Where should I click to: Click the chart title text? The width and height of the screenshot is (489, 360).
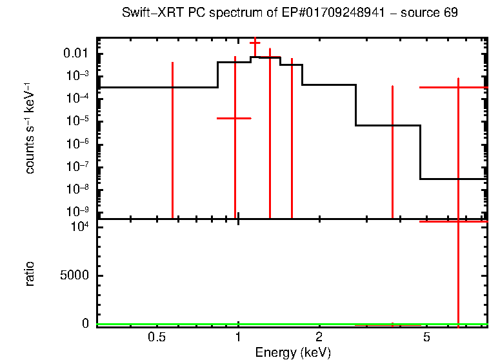point(290,14)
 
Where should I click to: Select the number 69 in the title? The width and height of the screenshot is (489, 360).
point(450,14)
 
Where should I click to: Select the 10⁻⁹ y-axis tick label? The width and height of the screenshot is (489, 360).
point(79,212)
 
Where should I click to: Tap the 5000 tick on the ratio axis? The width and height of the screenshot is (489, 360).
point(77,275)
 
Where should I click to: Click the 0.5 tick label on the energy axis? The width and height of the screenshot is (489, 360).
point(154,337)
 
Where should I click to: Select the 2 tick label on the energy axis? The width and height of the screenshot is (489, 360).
point(319,337)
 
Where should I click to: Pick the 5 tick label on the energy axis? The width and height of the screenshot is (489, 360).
point(426,337)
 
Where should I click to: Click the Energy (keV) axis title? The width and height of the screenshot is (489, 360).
point(293,352)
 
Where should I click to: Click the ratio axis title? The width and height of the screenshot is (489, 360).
point(30,274)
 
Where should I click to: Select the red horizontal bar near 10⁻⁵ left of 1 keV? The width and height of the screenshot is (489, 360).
point(234,118)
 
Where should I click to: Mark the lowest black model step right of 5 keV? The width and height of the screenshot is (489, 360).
point(453,179)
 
